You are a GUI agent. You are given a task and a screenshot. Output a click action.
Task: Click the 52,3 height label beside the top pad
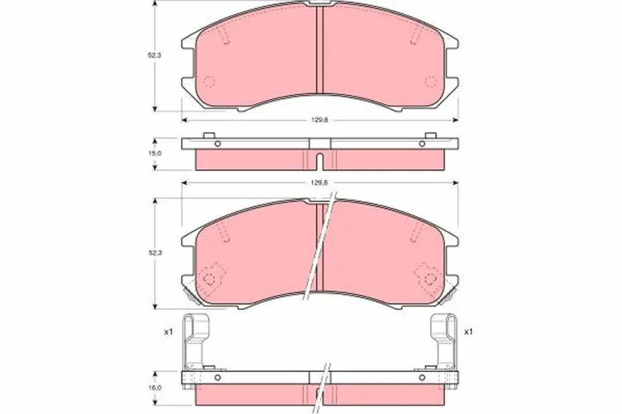[x=155, y=56]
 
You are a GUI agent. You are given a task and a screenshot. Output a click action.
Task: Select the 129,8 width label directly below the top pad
[x=319, y=120]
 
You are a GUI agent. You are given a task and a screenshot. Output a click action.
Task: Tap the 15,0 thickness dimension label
[x=155, y=153]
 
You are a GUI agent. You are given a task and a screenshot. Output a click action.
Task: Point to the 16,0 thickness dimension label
[x=155, y=388]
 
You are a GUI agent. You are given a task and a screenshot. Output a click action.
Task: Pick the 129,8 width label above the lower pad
[x=319, y=183]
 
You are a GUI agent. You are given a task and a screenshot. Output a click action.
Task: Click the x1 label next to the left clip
[x=168, y=332]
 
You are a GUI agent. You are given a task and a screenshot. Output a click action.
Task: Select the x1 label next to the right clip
[x=469, y=332]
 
